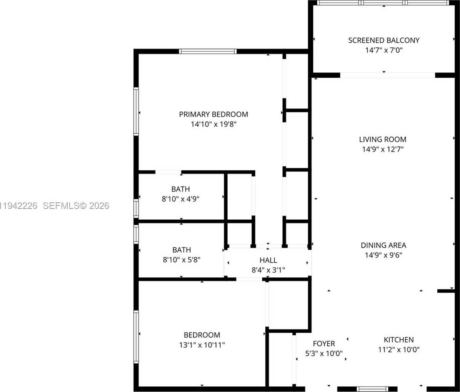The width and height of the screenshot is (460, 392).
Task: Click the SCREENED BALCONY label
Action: [x=384, y=40]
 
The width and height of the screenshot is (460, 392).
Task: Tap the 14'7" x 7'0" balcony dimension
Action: [x=384, y=50]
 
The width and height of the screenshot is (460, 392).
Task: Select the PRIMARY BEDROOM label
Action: [x=213, y=114]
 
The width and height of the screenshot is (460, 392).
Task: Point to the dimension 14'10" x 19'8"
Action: [x=213, y=124]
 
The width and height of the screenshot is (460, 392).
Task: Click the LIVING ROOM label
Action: [x=383, y=139]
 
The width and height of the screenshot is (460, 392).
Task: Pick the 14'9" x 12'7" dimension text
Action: [x=383, y=149]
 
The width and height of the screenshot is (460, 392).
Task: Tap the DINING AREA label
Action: [x=383, y=245]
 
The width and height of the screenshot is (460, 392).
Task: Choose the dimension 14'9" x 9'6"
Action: [x=383, y=255]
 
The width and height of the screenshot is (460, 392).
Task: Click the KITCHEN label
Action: [x=399, y=340]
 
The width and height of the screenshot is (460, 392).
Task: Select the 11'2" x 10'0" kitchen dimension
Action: [x=399, y=350]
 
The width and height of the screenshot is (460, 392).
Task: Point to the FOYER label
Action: [x=324, y=344]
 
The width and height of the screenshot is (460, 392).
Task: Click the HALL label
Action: [x=268, y=260]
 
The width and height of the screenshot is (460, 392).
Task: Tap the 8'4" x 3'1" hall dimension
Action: [x=268, y=270]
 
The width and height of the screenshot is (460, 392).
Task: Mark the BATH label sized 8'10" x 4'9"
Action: [x=180, y=189]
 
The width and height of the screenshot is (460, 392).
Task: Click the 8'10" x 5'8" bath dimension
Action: [x=182, y=260]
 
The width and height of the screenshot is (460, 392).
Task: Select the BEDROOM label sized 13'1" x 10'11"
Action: [x=202, y=335]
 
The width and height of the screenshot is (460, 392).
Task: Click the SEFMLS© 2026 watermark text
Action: [x=76, y=206]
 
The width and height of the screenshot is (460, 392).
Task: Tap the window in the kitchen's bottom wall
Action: [x=372, y=389]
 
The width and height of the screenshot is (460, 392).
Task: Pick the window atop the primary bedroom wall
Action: [x=208, y=51]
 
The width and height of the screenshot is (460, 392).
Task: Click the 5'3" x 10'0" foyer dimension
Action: [x=324, y=354]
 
